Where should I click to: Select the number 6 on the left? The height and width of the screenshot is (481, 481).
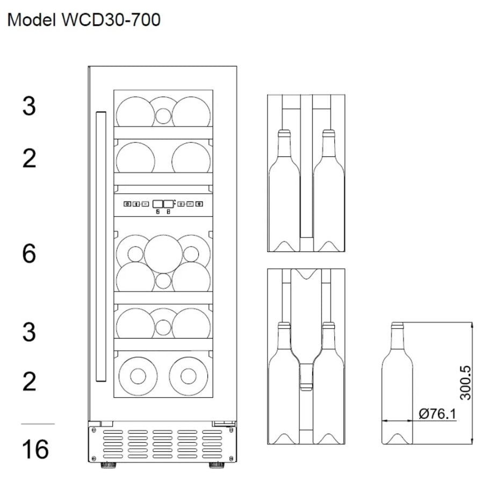(x=29, y=254)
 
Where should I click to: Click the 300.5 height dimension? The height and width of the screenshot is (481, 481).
(x=465, y=383)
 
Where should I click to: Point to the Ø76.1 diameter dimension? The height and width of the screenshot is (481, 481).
(x=436, y=413)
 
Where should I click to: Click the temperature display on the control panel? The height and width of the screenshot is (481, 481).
(x=163, y=204)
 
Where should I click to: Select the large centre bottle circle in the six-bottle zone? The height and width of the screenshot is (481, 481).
(x=163, y=254)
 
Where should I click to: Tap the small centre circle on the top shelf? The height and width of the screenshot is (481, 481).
(x=163, y=115)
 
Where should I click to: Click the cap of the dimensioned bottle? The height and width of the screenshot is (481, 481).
(x=397, y=325)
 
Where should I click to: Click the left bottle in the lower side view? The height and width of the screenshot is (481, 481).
(x=283, y=382)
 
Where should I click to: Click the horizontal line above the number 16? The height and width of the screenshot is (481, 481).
(x=38, y=424)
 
